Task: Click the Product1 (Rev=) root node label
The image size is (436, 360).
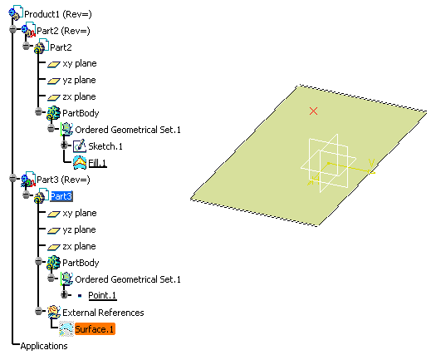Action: pos(58,14)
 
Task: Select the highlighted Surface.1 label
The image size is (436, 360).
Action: pos(95,329)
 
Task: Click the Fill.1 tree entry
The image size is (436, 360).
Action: pos(97,163)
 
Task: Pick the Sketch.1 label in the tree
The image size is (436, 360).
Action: pos(105,146)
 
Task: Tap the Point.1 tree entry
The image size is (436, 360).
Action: pos(102,295)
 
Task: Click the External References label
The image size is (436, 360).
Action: pos(103,313)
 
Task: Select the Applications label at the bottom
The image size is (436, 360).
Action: pos(44,346)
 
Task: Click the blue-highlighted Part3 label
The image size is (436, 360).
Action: pos(61,196)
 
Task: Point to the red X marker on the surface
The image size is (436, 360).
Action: pos(313,111)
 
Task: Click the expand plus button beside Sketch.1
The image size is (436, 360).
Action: pos(64,145)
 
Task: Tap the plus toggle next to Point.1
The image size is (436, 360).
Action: pos(64,294)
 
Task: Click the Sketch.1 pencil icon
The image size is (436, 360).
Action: pos(80,145)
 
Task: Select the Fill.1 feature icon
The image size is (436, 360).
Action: pos(80,163)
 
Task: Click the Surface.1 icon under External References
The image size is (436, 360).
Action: pos(66,328)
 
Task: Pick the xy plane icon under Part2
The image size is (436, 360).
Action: pos(54,64)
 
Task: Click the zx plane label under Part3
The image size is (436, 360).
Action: pos(79,246)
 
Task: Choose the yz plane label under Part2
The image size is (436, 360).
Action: pos(79,80)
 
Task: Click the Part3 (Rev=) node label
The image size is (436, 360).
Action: pos(63,180)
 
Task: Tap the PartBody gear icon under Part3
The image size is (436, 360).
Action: pos(53,263)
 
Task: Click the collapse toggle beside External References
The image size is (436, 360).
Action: pos(39,311)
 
